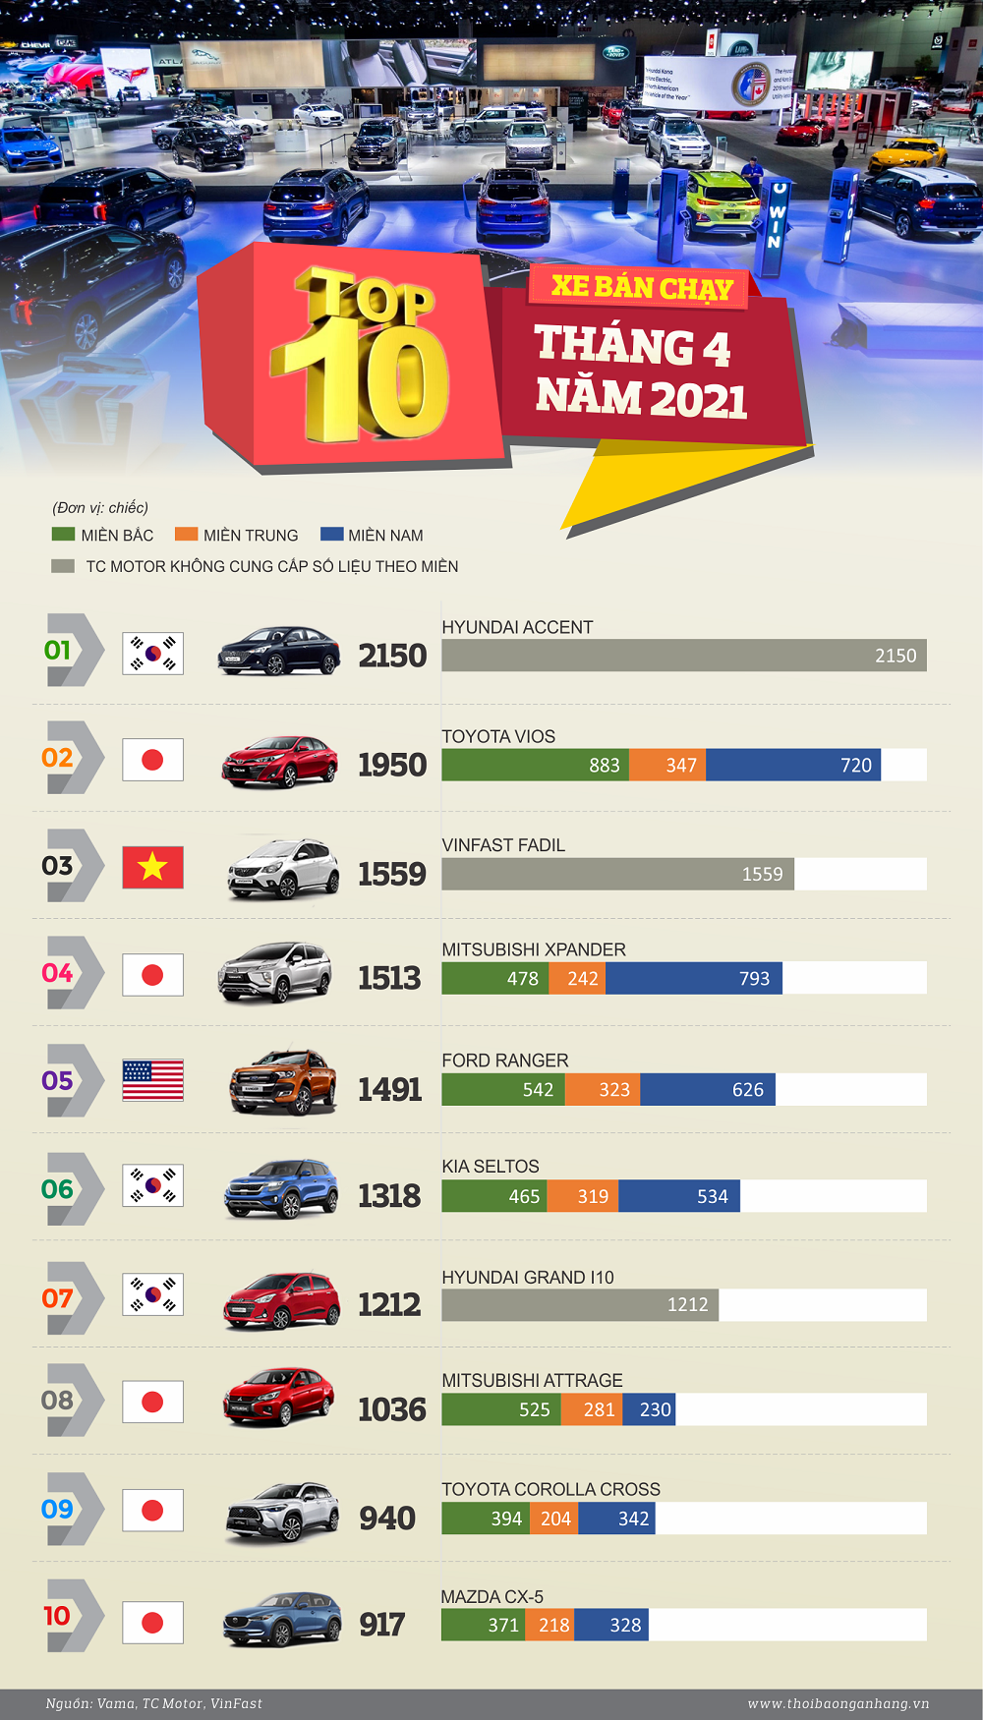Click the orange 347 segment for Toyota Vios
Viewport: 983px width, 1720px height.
(667, 766)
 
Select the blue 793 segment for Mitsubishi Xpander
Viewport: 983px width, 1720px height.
(694, 979)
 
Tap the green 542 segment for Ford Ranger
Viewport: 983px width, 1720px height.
(503, 1090)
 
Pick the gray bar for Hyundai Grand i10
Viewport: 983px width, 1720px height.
(580, 1305)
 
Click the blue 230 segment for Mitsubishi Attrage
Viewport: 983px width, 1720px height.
(649, 1410)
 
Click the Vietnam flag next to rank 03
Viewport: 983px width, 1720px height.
(152, 867)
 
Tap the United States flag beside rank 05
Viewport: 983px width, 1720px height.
(152, 1081)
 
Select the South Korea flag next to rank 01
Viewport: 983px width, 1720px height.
(152, 654)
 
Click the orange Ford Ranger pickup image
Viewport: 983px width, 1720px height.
(283, 1082)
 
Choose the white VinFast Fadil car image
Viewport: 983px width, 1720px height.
(283, 869)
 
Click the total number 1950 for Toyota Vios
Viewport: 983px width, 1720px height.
(392, 765)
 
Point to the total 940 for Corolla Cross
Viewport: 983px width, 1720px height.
(387, 1519)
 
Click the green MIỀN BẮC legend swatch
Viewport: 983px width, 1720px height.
(63, 535)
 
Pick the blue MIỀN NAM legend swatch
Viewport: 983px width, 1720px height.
(332, 535)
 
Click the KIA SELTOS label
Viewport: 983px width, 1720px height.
(491, 1167)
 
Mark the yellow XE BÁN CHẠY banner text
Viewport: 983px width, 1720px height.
(642, 287)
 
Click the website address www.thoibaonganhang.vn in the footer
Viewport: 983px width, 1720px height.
(838, 1703)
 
